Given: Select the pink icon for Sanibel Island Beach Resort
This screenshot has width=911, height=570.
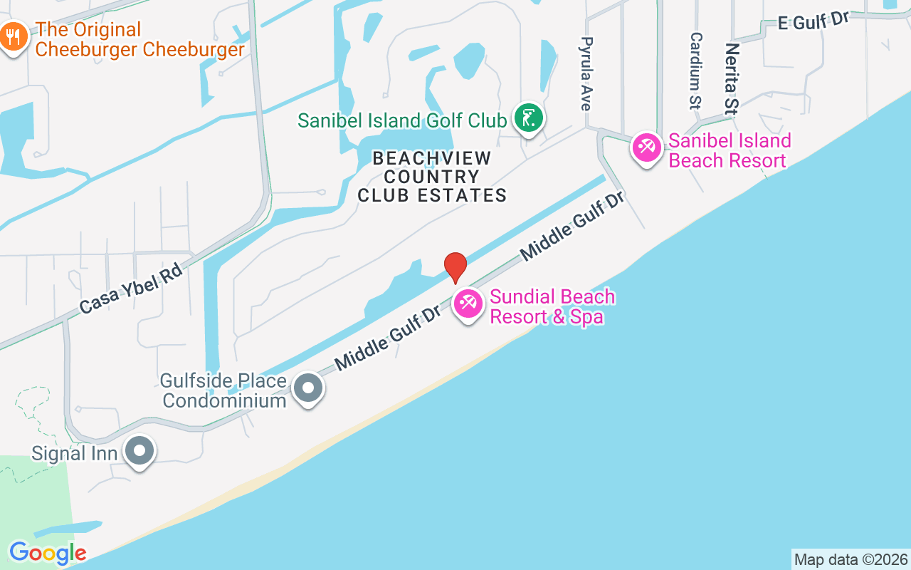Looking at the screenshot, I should click(646, 148).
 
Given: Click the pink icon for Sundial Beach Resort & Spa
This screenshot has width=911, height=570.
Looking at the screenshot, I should click(468, 304).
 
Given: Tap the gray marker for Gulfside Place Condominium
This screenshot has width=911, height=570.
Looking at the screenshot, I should click(308, 388).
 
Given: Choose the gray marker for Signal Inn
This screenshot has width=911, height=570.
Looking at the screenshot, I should click(139, 450).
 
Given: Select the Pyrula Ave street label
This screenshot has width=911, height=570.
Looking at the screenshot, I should click(586, 73).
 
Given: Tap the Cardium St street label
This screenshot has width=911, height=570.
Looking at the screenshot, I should click(696, 70).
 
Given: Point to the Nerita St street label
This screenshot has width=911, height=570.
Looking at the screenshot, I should click(732, 78).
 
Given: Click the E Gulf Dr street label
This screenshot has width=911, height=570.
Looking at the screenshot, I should click(814, 20).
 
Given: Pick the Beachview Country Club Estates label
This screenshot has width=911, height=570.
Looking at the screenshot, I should click(432, 176).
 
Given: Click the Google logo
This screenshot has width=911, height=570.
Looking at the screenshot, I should click(48, 553).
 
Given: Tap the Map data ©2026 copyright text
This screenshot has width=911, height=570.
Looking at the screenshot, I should click(851, 559).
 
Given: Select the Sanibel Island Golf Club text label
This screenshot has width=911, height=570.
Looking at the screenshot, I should click(402, 120).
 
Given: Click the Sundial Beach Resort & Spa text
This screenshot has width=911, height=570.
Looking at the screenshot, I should click(552, 306).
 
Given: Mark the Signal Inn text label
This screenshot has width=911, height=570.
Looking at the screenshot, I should click(75, 453).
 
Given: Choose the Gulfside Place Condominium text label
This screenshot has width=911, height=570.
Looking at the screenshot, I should click(224, 390).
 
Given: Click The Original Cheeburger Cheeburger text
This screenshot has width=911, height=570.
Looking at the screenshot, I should click(139, 39).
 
